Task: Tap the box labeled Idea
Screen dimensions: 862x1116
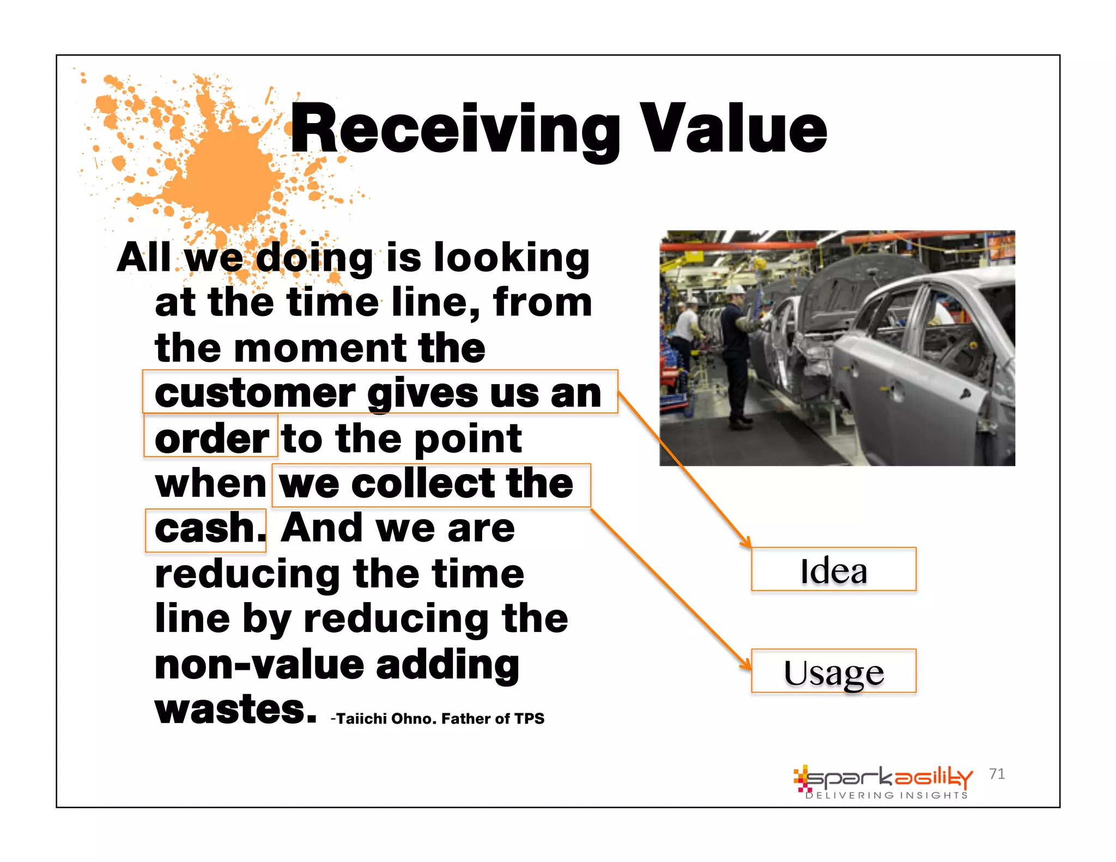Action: [x=833, y=570]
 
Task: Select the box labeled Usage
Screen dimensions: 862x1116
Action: [x=833, y=672]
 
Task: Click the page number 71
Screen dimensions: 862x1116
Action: [x=997, y=774]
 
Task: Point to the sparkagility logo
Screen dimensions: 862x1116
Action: [x=883, y=778]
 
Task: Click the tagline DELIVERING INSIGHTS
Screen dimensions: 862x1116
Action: [x=887, y=796]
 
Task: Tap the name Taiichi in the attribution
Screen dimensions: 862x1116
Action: [x=361, y=719]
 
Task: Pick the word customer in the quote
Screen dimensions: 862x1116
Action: [x=255, y=393]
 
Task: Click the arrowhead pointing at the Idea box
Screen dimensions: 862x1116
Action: [x=747, y=543]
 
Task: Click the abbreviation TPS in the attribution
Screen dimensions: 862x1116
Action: [x=529, y=719]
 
